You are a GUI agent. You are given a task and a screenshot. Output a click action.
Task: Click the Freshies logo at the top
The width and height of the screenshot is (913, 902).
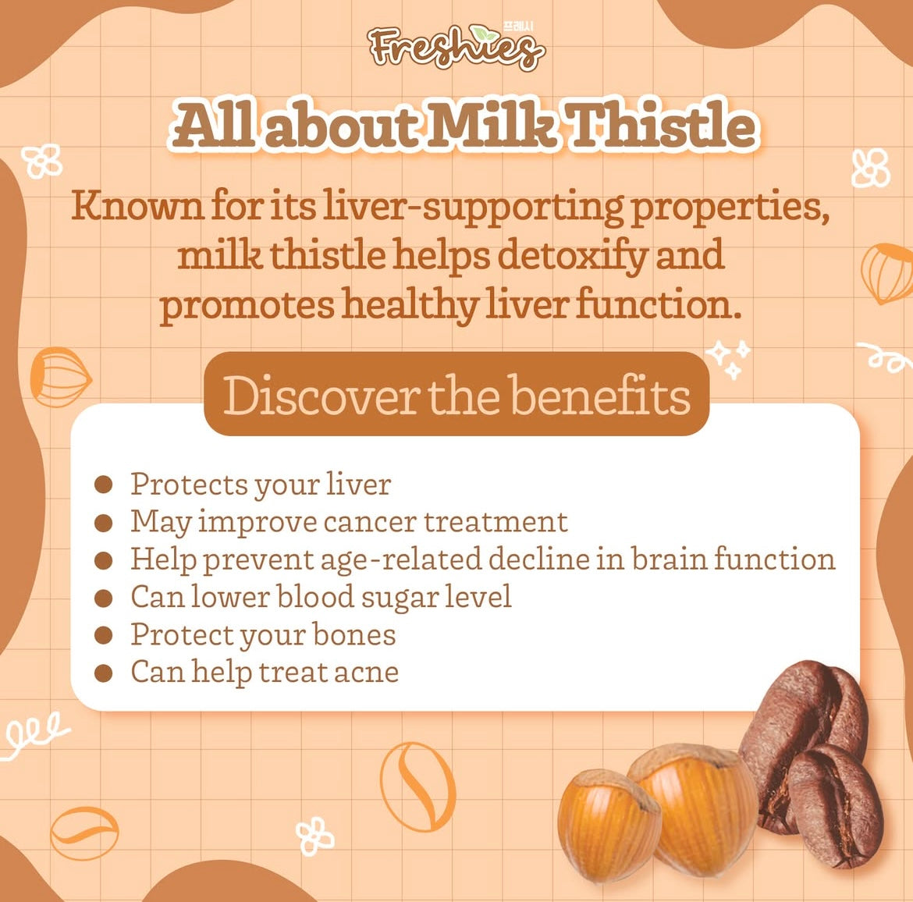(x=456, y=48)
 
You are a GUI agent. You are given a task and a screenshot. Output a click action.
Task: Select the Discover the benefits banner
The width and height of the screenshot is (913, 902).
(x=456, y=393)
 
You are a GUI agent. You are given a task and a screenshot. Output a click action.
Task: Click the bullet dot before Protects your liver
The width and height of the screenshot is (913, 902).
(x=103, y=485)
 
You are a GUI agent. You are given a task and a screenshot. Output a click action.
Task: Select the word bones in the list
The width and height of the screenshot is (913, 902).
(x=354, y=634)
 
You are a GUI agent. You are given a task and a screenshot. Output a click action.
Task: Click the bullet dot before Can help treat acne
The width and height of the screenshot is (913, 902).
(x=103, y=673)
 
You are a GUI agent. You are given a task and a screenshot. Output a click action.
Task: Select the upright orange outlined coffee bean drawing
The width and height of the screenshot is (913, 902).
(x=417, y=786)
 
